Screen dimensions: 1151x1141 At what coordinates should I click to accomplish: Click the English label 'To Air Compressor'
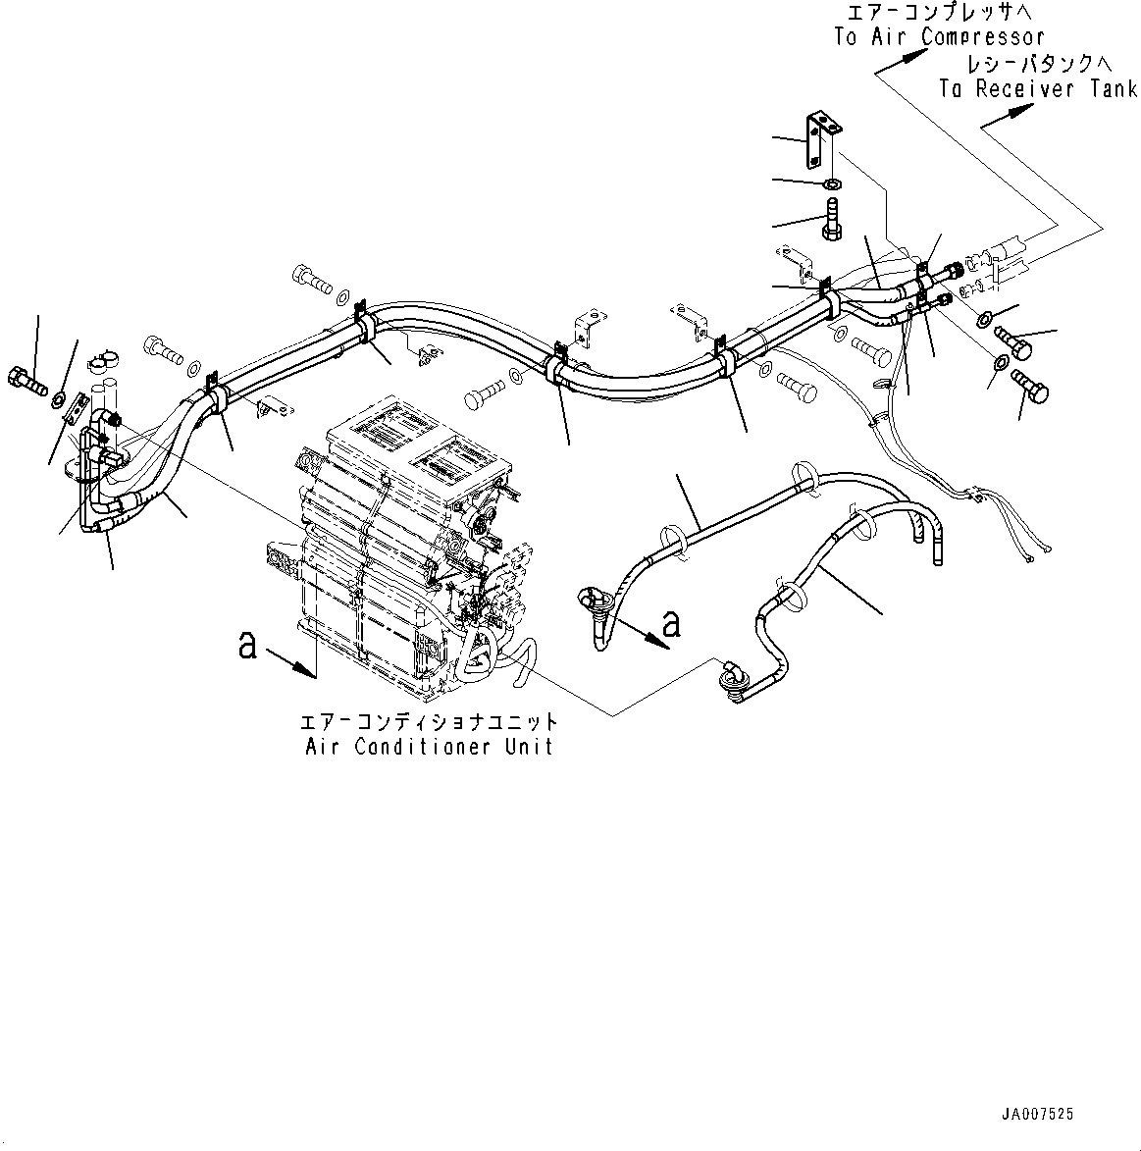939,37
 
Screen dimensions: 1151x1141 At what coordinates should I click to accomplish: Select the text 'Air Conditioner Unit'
429,746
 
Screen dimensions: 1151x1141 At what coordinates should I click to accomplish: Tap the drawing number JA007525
1038,1114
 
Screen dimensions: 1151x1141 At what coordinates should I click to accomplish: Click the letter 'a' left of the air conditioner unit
248,645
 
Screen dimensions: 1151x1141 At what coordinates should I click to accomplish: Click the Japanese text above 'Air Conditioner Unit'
429,722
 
